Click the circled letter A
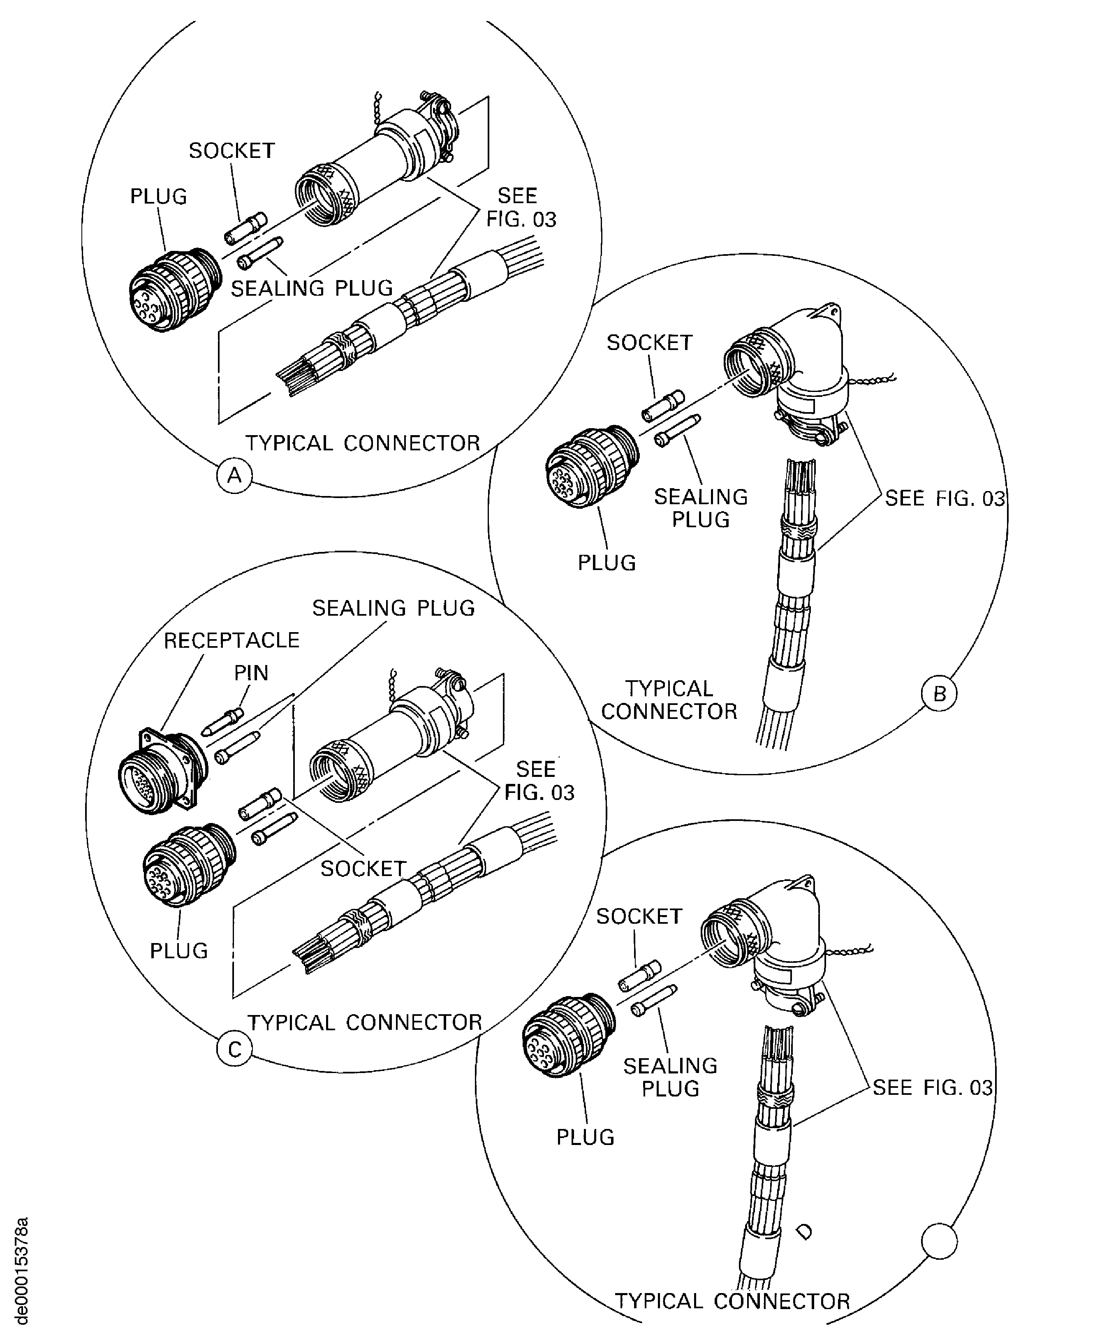[x=234, y=475]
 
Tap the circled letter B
[x=939, y=693]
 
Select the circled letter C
[x=234, y=1049]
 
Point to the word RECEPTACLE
[x=232, y=640]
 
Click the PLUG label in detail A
[x=158, y=197]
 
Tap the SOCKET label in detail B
[x=649, y=343]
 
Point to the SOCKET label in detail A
[x=232, y=151]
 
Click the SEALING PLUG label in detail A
[x=312, y=288]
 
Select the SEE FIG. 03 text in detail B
[x=944, y=498]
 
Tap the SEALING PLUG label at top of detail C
[x=393, y=608]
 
